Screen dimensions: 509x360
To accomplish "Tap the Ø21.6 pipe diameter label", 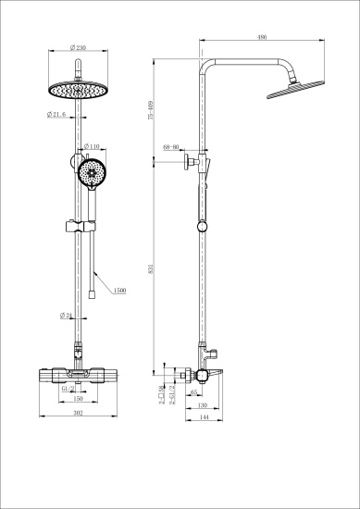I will (55, 115).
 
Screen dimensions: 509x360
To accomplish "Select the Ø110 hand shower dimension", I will (93, 146).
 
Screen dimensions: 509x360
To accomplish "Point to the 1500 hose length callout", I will (120, 291).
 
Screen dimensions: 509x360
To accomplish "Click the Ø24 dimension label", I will (66, 316).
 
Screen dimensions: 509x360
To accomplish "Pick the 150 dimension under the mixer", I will (79, 400).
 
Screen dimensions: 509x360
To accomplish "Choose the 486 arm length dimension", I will (263, 39).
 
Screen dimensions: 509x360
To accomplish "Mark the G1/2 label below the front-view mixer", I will (67, 391).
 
